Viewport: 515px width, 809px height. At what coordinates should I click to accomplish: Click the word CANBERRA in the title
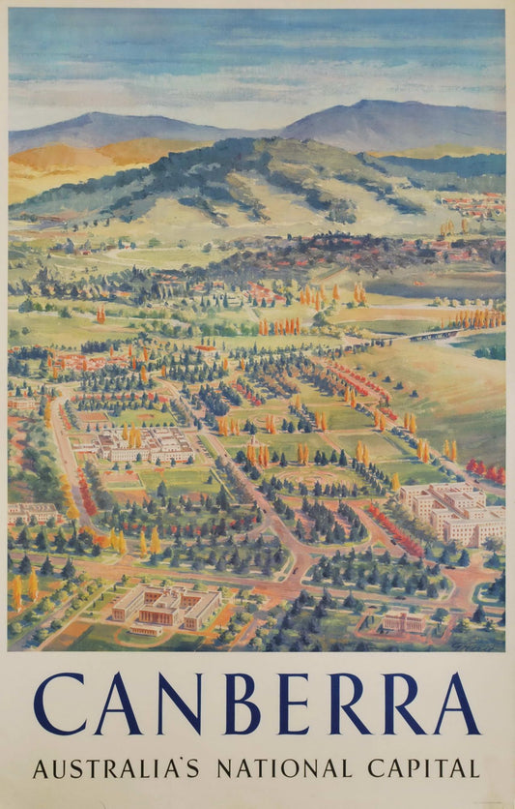coord(256,704)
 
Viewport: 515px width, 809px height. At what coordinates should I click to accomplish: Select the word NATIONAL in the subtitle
coord(283,768)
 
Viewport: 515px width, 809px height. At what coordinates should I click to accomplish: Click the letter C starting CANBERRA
coord(59,704)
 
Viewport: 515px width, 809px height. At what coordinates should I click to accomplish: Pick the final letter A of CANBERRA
coord(456,704)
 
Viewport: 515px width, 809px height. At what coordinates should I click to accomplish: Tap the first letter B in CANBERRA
coord(233,704)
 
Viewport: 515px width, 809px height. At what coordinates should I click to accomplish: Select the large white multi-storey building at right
coord(454,512)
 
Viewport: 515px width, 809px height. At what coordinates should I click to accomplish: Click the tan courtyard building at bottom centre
coord(166,607)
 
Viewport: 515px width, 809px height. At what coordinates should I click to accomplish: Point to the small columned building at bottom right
coord(403,622)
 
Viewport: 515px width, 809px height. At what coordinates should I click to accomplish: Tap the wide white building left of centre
coord(145,445)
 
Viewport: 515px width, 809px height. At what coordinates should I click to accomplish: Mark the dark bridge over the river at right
coord(434,335)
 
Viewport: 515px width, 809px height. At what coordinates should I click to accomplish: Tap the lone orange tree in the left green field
coord(100,315)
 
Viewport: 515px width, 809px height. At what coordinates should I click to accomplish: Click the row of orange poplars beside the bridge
coord(478,318)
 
